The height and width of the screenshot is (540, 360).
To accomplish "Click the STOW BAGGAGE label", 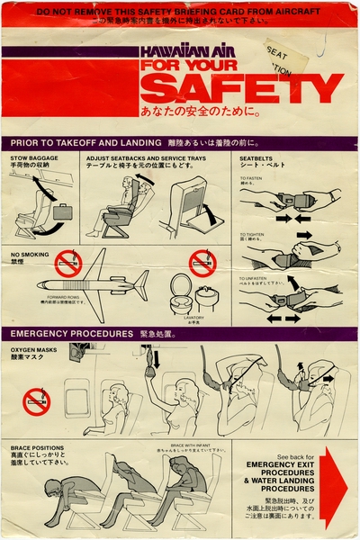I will point(33,158).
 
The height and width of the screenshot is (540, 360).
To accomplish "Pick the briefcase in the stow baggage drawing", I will point(62,212).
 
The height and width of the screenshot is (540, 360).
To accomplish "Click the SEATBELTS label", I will point(260,158).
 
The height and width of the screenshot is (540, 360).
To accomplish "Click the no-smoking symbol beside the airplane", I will point(67,263).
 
